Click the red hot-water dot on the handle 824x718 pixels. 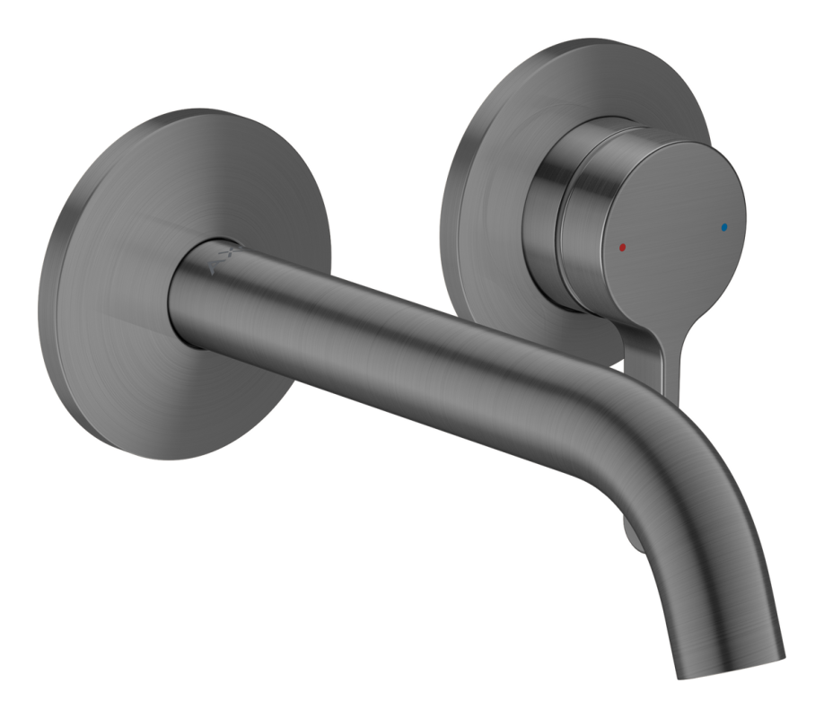coord(623,244)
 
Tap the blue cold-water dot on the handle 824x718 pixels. coord(725,227)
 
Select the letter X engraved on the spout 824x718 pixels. coord(232,252)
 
